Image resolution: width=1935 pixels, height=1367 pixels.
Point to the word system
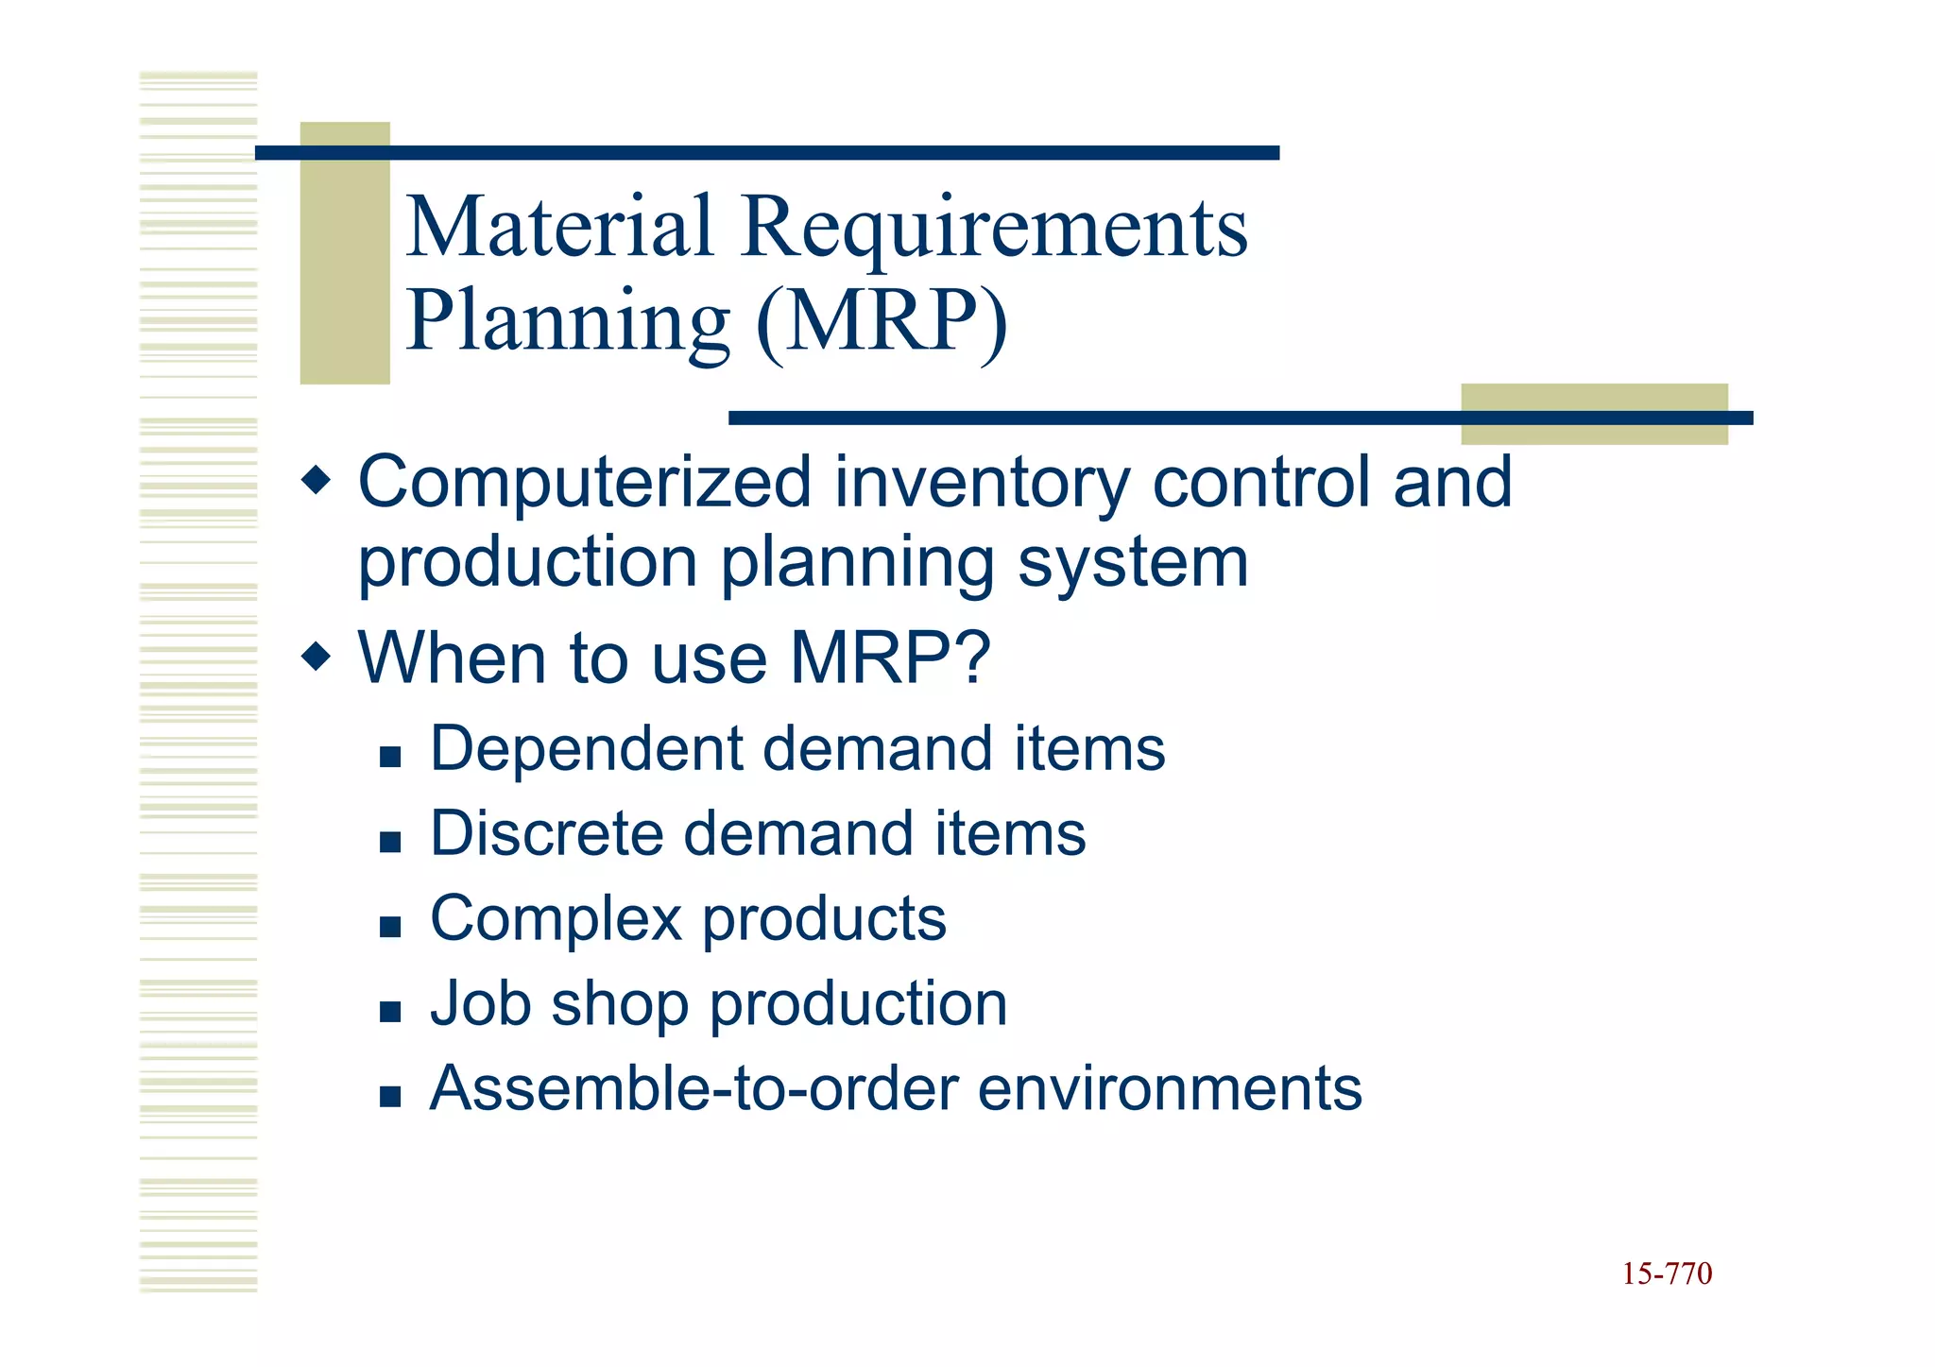click(x=1133, y=564)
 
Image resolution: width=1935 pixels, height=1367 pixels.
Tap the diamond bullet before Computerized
click(x=317, y=481)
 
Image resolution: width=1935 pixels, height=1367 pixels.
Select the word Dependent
click(x=587, y=748)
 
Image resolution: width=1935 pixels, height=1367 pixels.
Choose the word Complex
click(x=556, y=919)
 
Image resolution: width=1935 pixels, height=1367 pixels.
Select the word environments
click(x=1170, y=1088)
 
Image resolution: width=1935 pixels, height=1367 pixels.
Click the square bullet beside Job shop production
click(x=390, y=1013)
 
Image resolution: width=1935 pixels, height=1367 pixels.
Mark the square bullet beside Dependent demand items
click(x=390, y=757)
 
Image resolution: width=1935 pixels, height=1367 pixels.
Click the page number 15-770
click(x=1667, y=1274)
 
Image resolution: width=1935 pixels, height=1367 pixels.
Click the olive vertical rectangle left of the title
click(x=345, y=253)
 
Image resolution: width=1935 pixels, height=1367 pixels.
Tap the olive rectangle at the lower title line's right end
click(x=1594, y=414)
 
